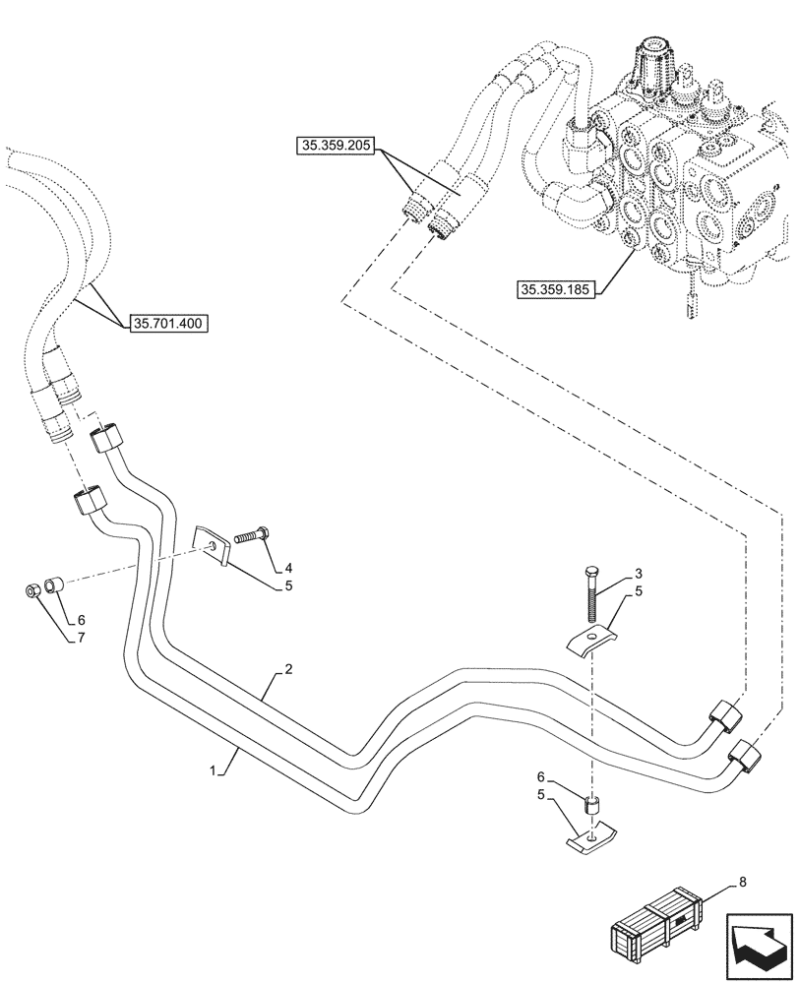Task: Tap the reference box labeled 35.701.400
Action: click(168, 322)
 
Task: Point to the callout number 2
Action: click(287, 669)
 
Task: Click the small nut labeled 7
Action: click(31, 591)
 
